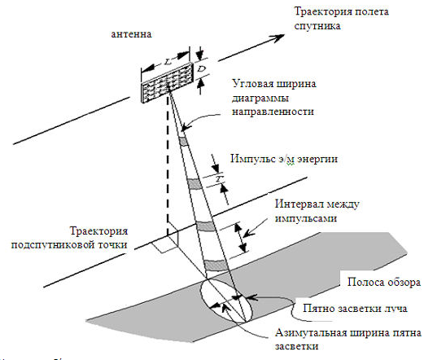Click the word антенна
[131, 34]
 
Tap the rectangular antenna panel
[168, 82]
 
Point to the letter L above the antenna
[168, 61]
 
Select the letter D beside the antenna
[201, 69]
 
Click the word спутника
[317, 26]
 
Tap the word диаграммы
[260, 99]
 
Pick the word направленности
[273, 112]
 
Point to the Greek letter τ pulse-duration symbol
[218, 178]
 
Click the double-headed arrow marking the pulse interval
[242, 238]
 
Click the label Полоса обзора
[384, 283]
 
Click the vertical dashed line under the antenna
[168, 165]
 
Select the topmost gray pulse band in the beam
[183, 141]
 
